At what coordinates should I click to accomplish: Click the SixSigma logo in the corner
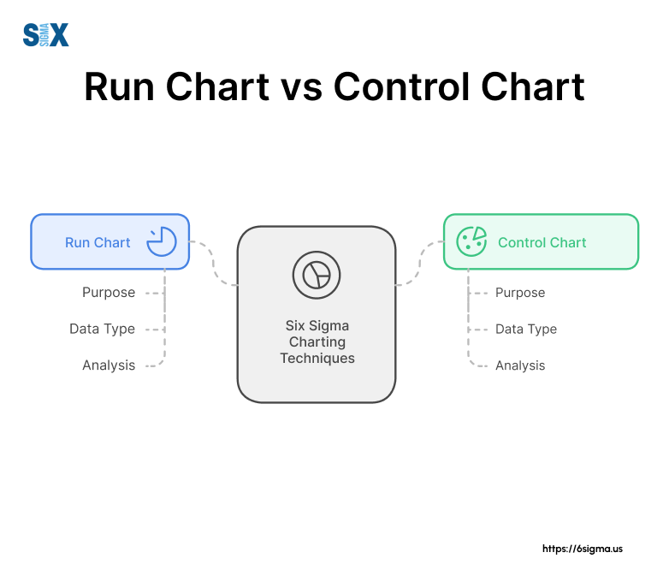point(45,35)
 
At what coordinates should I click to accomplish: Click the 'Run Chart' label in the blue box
point(98,242)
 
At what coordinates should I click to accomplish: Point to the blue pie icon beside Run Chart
point(161,242)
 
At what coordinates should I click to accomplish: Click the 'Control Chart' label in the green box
point(542,242)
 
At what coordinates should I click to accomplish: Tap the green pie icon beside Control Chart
point(471,241)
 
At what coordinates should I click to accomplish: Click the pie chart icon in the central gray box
point(317,275)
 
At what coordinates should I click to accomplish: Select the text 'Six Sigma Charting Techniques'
point(317,342)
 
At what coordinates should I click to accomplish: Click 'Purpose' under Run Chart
point(109,293)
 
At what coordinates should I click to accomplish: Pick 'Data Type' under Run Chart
point(102,329)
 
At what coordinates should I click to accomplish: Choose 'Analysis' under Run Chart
point(109,365)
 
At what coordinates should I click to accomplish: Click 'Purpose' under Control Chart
point(520,293)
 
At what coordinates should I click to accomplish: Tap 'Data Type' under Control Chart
point(526,329)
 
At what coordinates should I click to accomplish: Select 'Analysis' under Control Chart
point(520,365)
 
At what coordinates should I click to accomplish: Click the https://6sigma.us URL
point(583,549)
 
